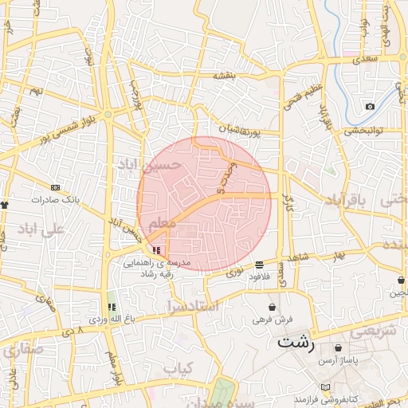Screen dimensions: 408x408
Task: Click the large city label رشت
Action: [x=296, y=345]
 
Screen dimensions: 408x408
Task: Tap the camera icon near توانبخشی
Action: [x=370, y=107]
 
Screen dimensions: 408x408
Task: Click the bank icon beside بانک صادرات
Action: [x=54, y=187]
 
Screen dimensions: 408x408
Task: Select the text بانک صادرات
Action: [x=54, y=199]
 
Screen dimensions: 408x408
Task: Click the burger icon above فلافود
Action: [x=259, y=264]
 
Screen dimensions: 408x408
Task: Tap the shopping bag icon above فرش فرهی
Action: [x=273, y=307]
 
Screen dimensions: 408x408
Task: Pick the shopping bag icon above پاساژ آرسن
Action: [x=339, y=348]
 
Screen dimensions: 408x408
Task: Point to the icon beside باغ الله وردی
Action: [x=112, y=307]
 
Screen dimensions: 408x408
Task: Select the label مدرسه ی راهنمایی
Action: [x=153, y=261]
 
